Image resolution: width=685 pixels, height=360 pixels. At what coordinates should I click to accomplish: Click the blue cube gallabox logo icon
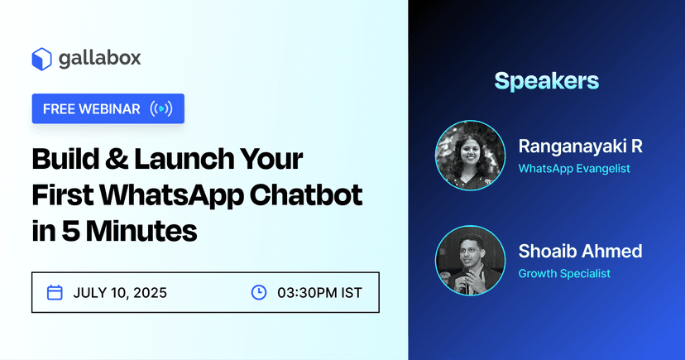tap(42, 59)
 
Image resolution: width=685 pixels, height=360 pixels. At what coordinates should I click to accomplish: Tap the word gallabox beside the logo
tap(99, 59)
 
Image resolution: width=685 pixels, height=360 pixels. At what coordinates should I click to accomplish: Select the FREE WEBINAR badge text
tap(91, 109)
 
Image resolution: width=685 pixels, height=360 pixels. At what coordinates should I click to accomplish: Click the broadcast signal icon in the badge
tap(161, 109)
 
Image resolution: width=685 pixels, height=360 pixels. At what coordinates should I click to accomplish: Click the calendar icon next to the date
tap(55, 292)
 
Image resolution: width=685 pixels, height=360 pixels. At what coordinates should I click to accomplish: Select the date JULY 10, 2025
tap(120, 292)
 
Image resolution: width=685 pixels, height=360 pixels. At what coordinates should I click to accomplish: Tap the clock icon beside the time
tap(259, 292)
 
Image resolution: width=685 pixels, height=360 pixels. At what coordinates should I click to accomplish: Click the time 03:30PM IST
tap(319, 292)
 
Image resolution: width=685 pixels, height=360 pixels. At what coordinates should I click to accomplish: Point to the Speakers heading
tap(546, 81)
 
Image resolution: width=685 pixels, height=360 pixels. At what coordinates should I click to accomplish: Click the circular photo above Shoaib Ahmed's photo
tap(470, 155)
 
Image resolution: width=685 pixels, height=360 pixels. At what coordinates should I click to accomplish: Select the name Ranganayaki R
tap(580, 146)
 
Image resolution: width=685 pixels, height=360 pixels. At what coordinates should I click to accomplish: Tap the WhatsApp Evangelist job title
tap(573, 168)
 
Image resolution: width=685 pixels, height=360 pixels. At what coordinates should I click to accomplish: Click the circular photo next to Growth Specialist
tap(470, 260)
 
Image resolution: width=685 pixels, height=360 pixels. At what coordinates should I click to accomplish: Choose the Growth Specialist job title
tap(564, 273)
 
